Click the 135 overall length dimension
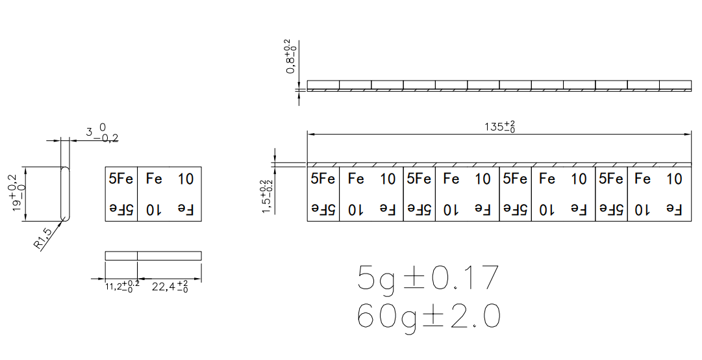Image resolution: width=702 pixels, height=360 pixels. pos(499,127)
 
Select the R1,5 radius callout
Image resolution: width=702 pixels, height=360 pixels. pos(44,237)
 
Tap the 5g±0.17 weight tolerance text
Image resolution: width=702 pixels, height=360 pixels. pos(427,279)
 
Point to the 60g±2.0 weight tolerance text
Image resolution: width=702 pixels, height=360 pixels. pos(429,316)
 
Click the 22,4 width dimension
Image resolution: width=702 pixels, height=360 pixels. pos(169,287)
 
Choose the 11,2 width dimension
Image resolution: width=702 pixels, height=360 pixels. pos(122,287)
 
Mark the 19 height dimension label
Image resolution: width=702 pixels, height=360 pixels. pos(18,194)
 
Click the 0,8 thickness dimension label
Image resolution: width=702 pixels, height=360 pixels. pos(291,57)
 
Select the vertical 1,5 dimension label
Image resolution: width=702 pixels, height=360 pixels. pos(266,197)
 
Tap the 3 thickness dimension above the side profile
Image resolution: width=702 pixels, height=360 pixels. pos(103,133)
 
